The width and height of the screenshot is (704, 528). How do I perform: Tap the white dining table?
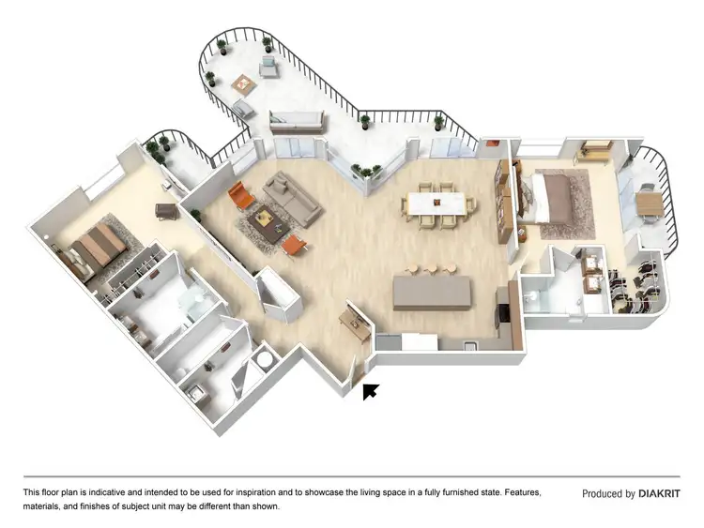coord(436,202)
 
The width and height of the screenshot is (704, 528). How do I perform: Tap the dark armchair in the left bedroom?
coord(166,213)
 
